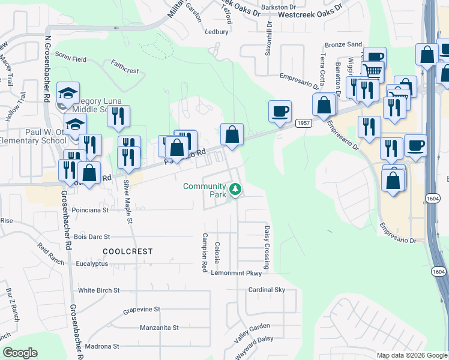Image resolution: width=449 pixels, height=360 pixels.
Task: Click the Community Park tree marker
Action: [x=236, y=190]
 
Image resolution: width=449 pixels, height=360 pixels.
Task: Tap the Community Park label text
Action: [x=205, y=190]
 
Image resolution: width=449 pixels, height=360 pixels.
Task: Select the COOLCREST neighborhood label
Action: [x=127, y=251]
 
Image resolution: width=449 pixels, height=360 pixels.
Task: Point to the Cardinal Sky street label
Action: [x=267, y=290]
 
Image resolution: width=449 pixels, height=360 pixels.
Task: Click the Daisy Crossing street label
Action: [x=267, y=247]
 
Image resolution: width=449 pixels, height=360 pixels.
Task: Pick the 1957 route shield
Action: [x=303, y=122]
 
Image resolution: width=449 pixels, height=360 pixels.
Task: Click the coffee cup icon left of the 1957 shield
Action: [x=280, y=111]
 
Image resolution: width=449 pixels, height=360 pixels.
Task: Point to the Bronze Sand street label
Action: [x=343, y=45]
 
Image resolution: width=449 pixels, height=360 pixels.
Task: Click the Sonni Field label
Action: [x=71, y=59]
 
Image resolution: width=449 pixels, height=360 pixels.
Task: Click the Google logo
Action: [x=20, y=353]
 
